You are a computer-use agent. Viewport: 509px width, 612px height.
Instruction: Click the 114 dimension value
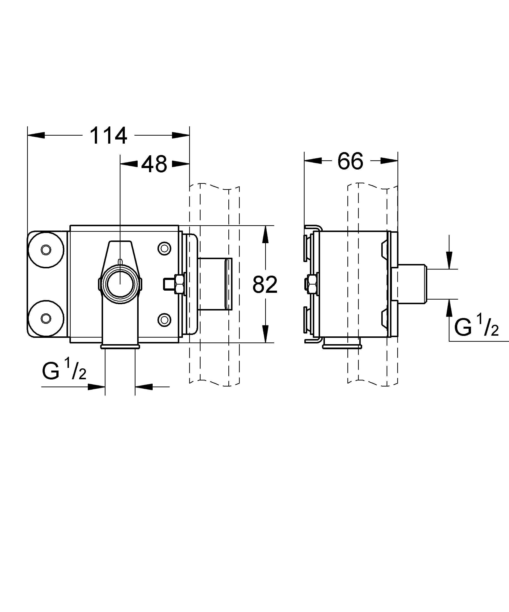point(108,136)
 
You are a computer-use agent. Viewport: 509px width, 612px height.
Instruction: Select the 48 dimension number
point(154,164)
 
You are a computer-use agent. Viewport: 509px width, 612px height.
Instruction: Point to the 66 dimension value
point(350,161)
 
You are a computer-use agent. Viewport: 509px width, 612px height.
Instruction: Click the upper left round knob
point(46,249)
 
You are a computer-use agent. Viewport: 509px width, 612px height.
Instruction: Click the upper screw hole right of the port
point(164,248)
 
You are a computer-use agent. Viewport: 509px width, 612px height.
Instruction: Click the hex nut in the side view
point(312,284)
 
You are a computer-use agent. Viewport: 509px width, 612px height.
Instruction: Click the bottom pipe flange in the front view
point(120,347)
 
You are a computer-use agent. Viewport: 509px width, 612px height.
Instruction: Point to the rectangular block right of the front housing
point(215,284)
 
